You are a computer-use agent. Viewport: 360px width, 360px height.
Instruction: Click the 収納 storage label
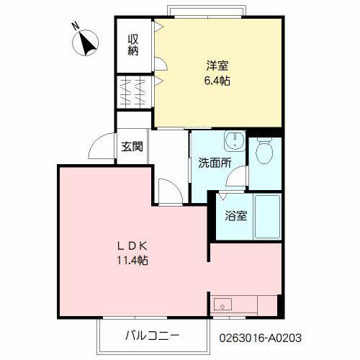tap(133, 45)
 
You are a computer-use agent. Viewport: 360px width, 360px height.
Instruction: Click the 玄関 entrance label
tap(131, 147)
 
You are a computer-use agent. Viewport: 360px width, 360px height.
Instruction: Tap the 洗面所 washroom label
tap(215, 163)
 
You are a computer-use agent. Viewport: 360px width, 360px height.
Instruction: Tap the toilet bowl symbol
tap(264, 151)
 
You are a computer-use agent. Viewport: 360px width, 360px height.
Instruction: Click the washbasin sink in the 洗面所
tap(233, 140)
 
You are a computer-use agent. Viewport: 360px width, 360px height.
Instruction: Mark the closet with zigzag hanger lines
tap(133, 92)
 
